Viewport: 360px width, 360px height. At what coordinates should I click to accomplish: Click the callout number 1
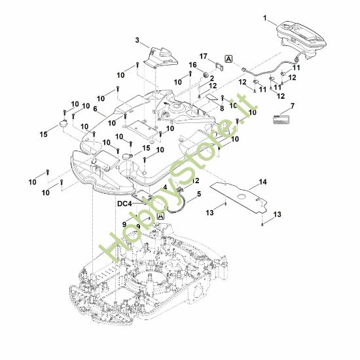pos(265,18)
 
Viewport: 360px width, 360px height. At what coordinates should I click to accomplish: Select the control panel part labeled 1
pos(301,40)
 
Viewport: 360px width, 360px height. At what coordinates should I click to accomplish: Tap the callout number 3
pos(137,41)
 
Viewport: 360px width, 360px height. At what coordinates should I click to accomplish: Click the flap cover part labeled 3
pos(161,58)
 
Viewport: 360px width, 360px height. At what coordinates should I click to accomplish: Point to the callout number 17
pos(203,56)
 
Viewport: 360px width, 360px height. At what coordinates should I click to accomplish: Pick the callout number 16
pos(193,65)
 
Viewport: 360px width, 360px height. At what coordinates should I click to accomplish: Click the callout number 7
pos(293,106)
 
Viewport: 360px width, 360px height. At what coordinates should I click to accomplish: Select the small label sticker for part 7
pos(281,120)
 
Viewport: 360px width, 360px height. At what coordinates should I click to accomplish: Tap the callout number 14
pos(263,182)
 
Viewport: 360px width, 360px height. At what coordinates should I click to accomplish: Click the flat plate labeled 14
pos(239,197)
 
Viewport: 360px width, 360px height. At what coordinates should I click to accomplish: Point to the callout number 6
pos(96,109)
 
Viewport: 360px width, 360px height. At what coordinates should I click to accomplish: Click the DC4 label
pos(124,204)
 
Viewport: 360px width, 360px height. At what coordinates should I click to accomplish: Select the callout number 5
pos(199,194)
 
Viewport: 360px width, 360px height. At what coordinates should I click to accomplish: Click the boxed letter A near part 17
pos(229,59)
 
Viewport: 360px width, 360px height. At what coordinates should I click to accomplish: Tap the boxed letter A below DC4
pos(160,216)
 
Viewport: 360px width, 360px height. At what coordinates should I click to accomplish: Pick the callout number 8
pos(222,109)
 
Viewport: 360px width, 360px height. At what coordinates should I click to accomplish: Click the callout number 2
pos(211,78)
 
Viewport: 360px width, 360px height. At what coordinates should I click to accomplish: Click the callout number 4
pos(165,187)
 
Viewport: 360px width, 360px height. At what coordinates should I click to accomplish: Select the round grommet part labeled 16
pos(206,74)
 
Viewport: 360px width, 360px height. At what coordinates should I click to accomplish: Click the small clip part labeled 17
pos(219,67)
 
